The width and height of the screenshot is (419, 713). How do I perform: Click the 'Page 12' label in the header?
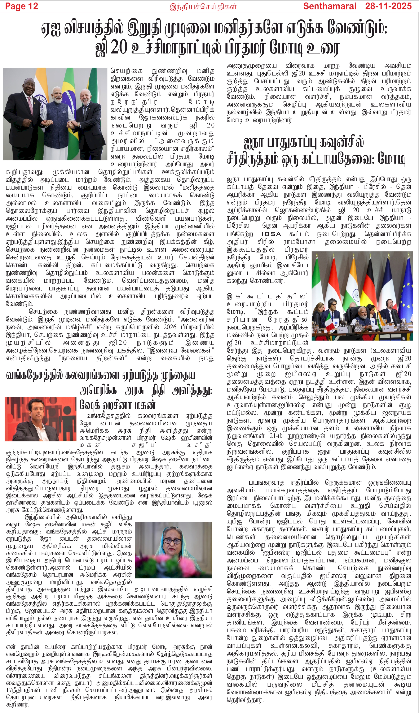pos(22,6)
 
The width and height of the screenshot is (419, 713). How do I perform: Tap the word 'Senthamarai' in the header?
pos(329,6)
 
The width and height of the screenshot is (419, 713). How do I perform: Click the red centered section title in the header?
pos(203,7)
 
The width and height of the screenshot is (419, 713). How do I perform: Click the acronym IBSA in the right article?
pos(271,234)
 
